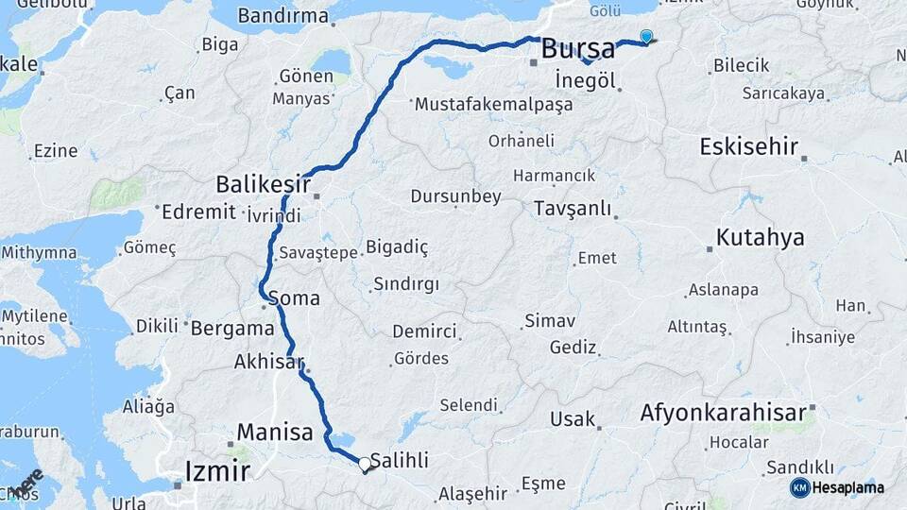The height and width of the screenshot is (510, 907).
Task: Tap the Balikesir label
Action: click(x=263, y=181)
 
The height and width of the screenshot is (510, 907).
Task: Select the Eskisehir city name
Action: click(x=749, y=146)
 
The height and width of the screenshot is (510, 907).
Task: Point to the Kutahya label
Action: click(x=760, y=237)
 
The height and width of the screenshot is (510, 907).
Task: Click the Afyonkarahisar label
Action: click(x=723, y=413)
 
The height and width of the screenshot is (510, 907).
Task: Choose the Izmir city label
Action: click(x=218, y=470)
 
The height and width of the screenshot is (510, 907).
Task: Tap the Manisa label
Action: click(x=274, y=433)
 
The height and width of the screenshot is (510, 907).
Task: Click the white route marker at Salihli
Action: click(x=365, y=464)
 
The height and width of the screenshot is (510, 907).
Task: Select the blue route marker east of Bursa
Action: click(x=646, y=37)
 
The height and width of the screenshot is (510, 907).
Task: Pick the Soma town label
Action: click(x=294, y=298)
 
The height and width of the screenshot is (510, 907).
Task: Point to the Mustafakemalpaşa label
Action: click(x=493, y=104)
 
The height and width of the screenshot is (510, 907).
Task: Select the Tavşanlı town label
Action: click(x=572, y=209)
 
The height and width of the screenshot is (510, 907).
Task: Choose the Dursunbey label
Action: click(x=455, y=196)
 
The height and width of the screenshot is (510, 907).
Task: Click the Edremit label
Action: click(x=198, y=211)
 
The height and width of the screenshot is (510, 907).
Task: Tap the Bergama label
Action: click(x=232, y=330)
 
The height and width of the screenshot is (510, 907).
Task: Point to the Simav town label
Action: click(x=550, y=321)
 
